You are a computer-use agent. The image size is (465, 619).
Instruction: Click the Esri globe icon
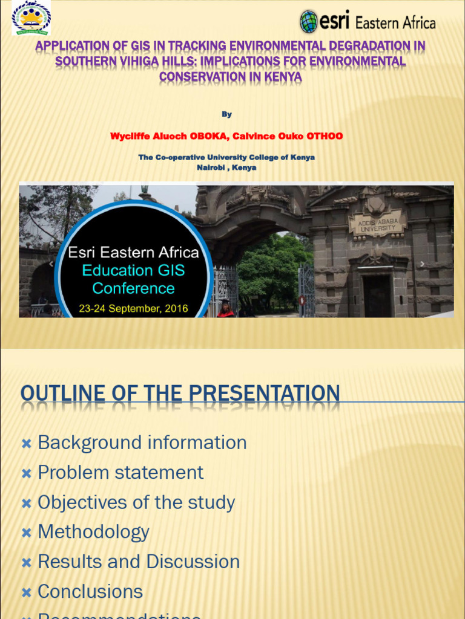tap(309, 22)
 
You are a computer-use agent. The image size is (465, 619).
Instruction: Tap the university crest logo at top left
tap(31, 18)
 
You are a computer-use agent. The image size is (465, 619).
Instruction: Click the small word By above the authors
tap(226, 114)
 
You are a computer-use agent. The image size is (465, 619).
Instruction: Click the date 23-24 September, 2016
tap(133, 308)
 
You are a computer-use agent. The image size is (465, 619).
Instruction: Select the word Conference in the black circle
tap(133, 288)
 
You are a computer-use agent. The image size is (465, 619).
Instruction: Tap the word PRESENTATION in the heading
tap(264, 394)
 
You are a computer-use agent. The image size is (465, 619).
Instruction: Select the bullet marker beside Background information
tap(26, 444)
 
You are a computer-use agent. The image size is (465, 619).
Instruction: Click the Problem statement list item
tap(120, 472)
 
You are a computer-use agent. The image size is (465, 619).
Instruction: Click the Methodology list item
tap(93, 532)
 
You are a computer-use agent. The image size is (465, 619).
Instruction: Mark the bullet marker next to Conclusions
tap(26, 592)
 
